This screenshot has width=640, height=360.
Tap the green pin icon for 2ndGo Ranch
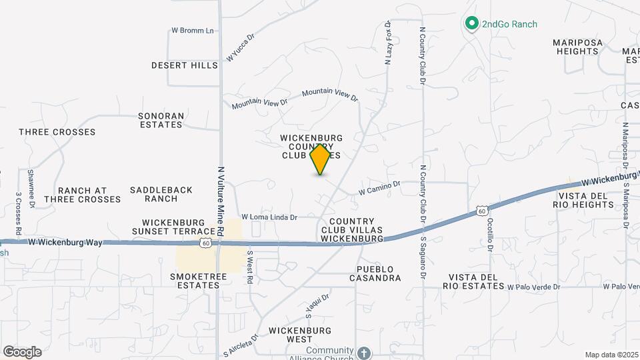tap(472, 24)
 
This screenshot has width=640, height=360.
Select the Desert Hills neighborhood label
tap(185, 65)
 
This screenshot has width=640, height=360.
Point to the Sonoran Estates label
tap(161, 120)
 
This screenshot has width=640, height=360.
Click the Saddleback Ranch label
tap(161, 194)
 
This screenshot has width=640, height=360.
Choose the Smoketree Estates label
tap(195, 281)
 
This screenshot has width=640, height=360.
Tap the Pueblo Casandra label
tap(375, 273)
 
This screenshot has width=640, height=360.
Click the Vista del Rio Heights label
tap(583, 200)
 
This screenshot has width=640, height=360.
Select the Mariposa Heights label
tap(577, 47)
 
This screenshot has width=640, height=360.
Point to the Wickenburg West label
tap(300, 335)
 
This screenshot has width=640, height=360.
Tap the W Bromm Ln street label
tap(193, 31)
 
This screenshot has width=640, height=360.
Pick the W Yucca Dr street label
tap(241, 48)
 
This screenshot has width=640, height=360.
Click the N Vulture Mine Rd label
tap(219, 197)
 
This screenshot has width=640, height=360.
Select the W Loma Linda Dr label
tap(269, 217)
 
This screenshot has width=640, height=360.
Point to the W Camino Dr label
tap(379, 188)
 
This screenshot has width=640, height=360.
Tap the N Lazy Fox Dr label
tap(388, 42)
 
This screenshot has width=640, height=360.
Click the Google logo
tap(22, 351)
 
